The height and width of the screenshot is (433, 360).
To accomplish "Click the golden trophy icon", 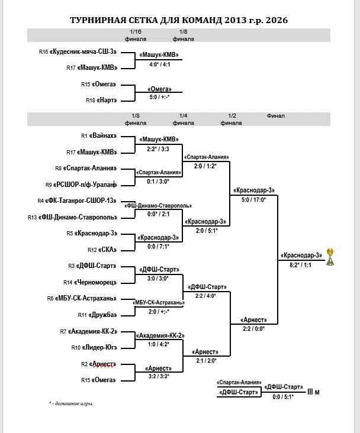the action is point(330,257).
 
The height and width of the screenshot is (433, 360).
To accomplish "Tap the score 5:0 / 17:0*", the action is point(253,200).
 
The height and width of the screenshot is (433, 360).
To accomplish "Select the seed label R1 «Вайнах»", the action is point(99,135).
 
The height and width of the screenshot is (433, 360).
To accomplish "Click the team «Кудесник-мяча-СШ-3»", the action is point(83,51).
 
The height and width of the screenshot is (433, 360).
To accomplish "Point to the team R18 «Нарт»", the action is point(101,100).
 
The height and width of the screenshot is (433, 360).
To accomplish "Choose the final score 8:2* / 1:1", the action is point(300,265).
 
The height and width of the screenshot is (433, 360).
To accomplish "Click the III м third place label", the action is point(313,392).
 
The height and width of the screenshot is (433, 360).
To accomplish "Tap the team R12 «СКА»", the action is point(102,250).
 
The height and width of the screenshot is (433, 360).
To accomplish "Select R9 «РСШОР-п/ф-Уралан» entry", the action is point(81,185).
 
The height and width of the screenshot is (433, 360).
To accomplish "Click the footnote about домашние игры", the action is point(71,403).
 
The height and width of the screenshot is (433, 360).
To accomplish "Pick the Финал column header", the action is point(276,116).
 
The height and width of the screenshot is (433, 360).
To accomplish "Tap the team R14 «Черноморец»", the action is point(90,283).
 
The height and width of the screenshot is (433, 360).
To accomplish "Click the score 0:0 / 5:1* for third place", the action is point(283,397).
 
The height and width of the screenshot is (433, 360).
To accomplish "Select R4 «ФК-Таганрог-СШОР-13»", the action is point(77,201).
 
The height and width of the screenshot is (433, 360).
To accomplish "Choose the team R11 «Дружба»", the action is point(98,315).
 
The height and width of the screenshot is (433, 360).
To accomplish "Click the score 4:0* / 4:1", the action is point(159,64).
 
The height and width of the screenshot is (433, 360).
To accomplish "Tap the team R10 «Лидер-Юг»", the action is point(94,348).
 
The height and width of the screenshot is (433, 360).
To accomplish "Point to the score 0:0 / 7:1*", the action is point(159,247).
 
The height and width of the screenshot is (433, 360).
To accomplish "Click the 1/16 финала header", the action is point(136,35).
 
